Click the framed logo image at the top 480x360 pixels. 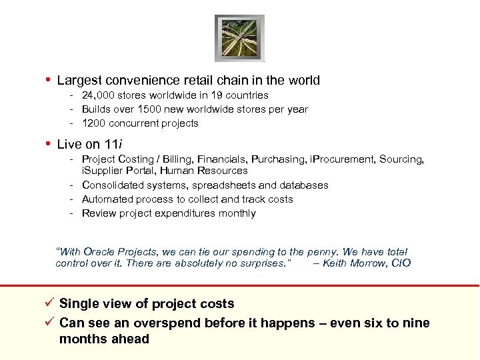point(239,38)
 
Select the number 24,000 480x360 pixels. point(100,95)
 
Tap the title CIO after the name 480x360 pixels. point(402,263)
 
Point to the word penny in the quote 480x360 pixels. point(321,252)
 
